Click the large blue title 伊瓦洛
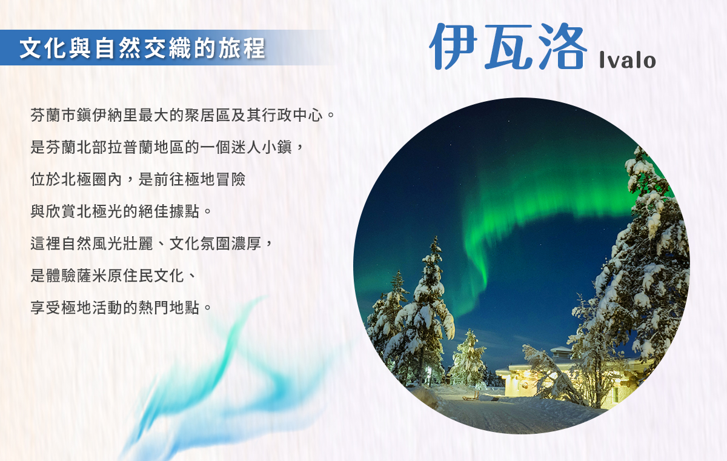(x=508, y=46)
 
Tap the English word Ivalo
(x=628, y=60)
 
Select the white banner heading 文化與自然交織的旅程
(x=142, y=48)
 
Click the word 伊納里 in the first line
(x=115, y=115)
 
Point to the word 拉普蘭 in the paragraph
(x=130, y=147)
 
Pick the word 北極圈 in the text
(x=84, y=179)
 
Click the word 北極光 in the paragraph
(x=99, y=211)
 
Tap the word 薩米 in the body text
(x=92, y=276)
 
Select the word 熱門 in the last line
(x=153, y=308)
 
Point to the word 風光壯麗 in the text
(x=122, y=244)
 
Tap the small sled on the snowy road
(x=471, y=397)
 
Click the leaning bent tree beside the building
(x=552, y=373)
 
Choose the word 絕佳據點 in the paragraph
(x=169, y=211)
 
